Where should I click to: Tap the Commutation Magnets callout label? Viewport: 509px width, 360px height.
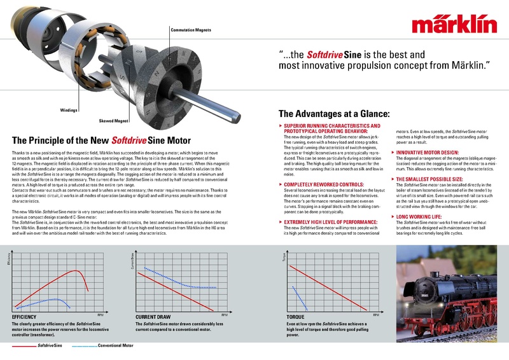click(x=191, y=30)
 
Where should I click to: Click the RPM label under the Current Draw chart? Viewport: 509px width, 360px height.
click(x=225, y=314)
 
